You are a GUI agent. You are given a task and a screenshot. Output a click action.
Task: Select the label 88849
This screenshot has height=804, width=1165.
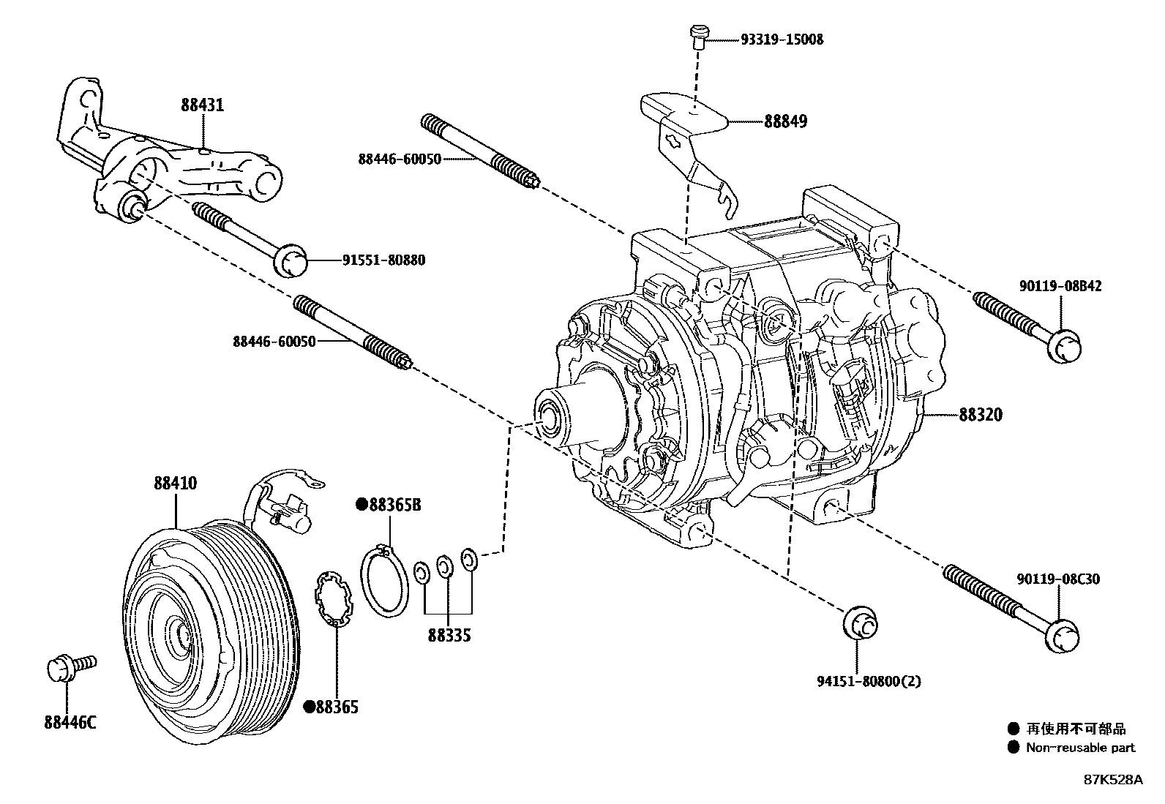pos(785,121)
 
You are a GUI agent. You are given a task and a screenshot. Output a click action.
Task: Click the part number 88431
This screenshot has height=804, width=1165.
pos(202,105)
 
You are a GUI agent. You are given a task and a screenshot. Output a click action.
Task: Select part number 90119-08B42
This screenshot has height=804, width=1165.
pos(1058,286)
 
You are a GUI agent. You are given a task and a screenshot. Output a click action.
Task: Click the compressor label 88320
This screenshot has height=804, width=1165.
pos(981,415)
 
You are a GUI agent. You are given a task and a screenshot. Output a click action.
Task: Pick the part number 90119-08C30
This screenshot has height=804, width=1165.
pos(1058,579)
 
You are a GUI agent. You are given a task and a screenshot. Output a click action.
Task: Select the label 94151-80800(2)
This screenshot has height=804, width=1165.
pos(869,681)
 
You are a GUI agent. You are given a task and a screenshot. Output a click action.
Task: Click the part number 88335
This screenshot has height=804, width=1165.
pos(449,635)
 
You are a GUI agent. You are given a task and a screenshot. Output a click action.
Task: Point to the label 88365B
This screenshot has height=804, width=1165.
pos(394,505)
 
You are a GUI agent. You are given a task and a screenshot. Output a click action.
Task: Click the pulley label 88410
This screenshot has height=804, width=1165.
pos(175,484)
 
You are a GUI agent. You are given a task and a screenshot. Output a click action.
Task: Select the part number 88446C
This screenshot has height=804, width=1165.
pos(70,723)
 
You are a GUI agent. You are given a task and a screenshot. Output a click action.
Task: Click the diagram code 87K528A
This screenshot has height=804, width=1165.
pos(1113,780)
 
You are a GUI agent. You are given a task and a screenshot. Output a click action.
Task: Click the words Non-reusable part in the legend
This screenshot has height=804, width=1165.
pos(1080,747)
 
